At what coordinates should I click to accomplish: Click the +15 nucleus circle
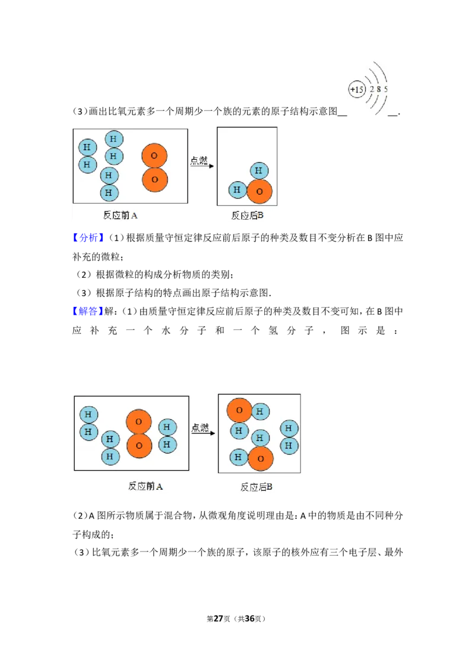tap(357, 90)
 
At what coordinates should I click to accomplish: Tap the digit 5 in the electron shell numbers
tap(386, 89)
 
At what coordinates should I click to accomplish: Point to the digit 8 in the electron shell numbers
tap(379, 89)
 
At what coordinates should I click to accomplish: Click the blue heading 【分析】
tap(88, 238)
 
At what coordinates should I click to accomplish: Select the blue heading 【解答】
tap(88, 311)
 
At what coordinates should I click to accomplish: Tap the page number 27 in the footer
tap(218, 619)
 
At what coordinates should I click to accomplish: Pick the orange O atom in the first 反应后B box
tap(259, 191)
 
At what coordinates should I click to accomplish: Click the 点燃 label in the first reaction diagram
tap(199, 160)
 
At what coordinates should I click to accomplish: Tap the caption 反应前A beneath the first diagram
tap(120, 215)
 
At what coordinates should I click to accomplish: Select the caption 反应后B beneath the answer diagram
tap(256, 487)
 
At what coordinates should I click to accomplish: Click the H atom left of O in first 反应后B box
tap(237, 190)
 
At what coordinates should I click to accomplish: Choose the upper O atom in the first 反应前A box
tap(154, 156)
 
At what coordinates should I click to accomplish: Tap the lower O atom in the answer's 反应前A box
tap(139, 446)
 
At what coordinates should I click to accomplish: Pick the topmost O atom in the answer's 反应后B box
tap(239, 410)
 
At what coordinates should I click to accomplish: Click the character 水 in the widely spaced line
tap(166, 331)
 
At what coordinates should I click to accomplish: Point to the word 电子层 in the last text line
tap(362, 553)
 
